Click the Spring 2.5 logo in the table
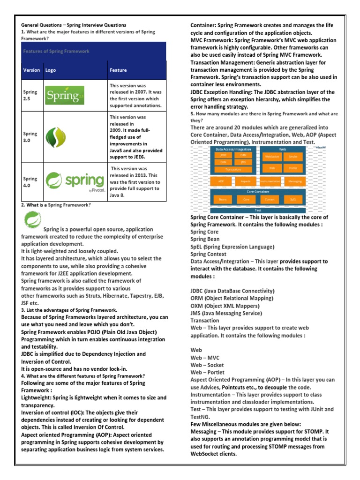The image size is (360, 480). [65, 96]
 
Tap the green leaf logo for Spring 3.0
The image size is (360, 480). [52, 137]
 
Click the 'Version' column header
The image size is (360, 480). [31, 70]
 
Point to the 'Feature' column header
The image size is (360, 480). [118, 70]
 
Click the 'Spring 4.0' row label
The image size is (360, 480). [30, 182]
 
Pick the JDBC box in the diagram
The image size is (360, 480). [223, 155]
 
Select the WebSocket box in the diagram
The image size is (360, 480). [272, 157]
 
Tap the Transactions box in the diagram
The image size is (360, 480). [233, 169]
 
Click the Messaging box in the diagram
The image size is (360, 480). [295, 181]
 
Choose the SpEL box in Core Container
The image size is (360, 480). [293, 200]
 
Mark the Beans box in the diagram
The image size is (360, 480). [222, 200]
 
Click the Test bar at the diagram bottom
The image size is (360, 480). [258, 210]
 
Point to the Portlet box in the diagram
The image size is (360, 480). [293, 167]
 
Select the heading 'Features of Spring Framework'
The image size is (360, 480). [56, 51]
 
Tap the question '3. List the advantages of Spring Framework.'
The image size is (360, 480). [69, 310]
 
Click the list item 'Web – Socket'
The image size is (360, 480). [207, 365]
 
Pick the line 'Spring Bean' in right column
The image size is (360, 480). [205, 239]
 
